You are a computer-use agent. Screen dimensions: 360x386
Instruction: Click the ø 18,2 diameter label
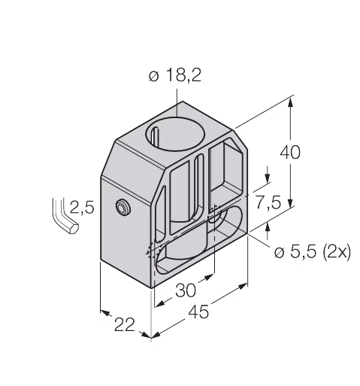pos(175,75)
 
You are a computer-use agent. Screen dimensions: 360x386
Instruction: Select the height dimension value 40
pos(290,153)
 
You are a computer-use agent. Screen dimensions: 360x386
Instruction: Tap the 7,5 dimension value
pos(268,202)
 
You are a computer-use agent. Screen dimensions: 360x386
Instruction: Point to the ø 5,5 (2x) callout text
pos(312,252)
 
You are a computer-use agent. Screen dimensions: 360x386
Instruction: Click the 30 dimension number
pos(186,290)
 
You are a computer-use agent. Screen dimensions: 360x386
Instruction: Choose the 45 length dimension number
pos(198,312)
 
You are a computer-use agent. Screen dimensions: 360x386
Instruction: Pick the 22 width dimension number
pos(125,324)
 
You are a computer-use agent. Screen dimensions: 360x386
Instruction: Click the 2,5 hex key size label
pos(82,207)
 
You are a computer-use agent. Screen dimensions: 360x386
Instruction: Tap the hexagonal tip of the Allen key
pos(74,228)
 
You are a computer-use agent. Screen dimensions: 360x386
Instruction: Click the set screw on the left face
pos(123,207)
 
